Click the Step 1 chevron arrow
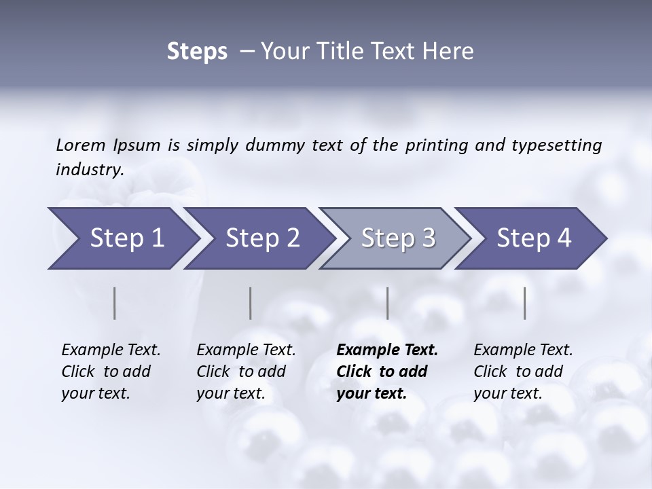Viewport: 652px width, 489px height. (126, 238)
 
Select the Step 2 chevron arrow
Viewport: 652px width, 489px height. (262, 238)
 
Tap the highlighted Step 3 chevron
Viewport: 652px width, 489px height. (398, 238)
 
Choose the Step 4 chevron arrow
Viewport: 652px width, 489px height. (534, 238)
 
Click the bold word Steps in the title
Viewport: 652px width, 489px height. (197, 52)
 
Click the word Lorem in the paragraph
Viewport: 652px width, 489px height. (80, 145)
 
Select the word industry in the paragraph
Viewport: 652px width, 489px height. (89, 169)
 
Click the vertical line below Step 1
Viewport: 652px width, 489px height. (115, 303)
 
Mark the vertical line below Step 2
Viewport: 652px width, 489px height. (251, 303)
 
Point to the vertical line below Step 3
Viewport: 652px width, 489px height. (388, 303)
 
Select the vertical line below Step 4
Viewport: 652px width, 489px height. (525, 303)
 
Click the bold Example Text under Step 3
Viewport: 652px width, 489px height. (387, 350)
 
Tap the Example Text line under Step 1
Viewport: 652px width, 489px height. (111, 350)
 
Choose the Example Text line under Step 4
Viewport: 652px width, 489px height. (523, 350)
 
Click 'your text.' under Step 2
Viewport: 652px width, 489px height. (230, 393)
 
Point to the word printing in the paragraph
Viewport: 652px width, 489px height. (433, 145)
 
